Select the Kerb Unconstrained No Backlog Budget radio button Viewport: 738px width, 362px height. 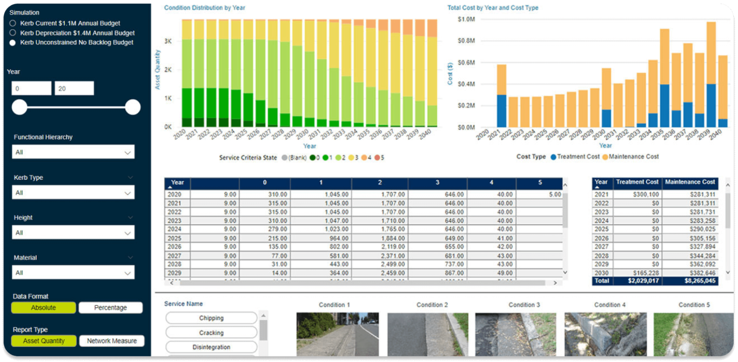pos(12,43)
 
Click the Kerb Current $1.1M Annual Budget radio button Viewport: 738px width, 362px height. pos(12,24)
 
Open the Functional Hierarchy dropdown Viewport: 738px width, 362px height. pos(73,152)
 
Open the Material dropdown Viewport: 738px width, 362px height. pos(73,273)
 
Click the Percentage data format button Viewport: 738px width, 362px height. pos(110,308)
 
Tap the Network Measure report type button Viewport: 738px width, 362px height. pos(112,341)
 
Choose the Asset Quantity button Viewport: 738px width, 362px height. pos(43,341)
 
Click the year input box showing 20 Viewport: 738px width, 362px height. pos(74,89)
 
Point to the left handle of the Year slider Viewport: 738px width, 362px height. pos(19,107)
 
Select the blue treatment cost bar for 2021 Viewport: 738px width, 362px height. pos(502,111)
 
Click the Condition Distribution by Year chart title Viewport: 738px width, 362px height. pos(204,8)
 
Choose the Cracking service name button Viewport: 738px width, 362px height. pos(211,333)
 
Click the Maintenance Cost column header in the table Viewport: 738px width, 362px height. pos(690,182)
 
